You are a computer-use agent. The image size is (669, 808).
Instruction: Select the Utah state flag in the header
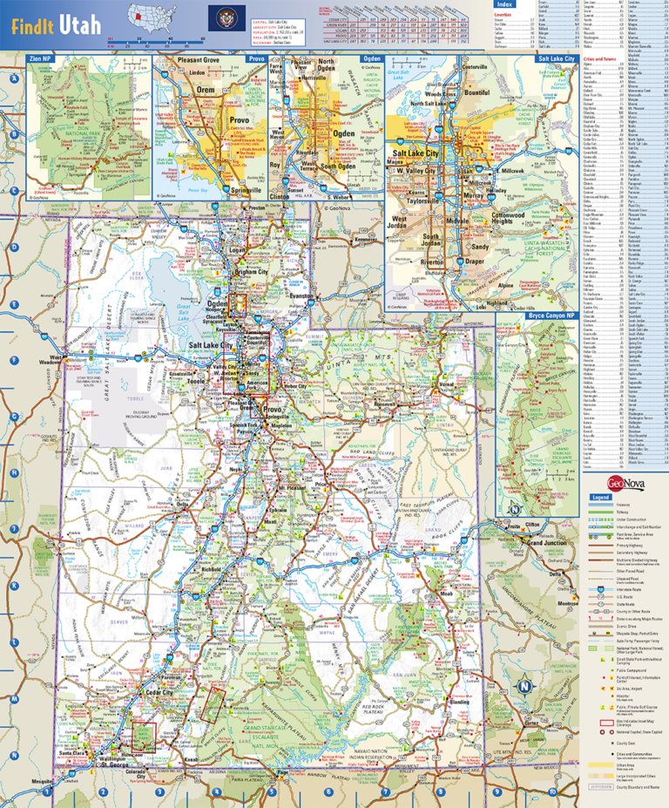click(x=220, y=17)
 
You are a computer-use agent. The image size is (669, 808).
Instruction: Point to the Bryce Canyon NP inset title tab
click(x=551, y=315)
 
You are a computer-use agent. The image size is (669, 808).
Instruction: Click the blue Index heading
click(x=504, y=4)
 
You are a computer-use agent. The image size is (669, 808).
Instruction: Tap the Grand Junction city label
click(x=546, y=542)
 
